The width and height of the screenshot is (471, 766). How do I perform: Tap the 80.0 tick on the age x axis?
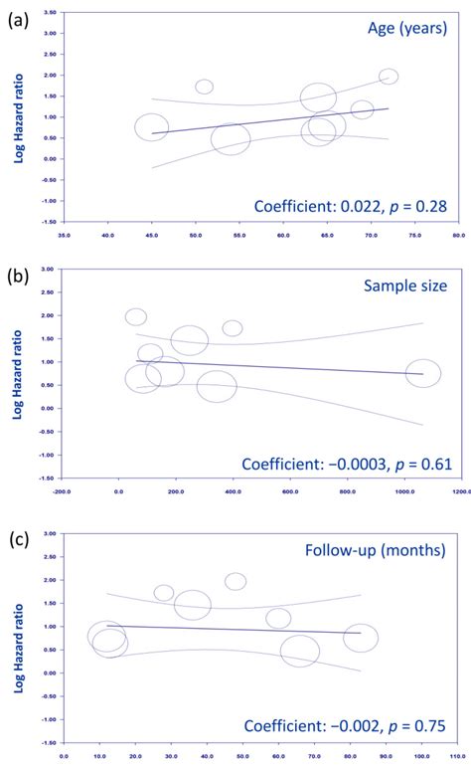point(457,236)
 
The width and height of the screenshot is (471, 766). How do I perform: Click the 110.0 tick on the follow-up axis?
point(458,755)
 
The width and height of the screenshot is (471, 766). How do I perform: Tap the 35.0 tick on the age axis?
point(66,236)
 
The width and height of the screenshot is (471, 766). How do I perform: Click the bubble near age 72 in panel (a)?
point(389,77)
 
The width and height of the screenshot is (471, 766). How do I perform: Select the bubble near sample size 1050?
point(422,373)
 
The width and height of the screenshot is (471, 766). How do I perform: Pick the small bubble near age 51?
point(204,87)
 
